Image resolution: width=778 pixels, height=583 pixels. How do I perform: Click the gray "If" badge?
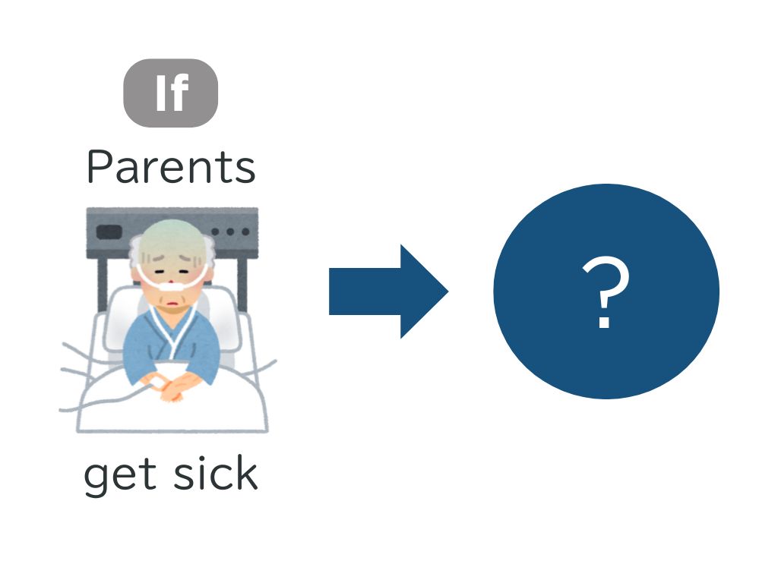tap(171, 93)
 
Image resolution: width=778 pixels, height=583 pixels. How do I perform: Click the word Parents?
tap(171, 167)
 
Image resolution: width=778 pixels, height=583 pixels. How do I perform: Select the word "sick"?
tap(216, 473)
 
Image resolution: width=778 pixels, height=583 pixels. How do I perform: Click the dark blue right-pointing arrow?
tap(388, 291)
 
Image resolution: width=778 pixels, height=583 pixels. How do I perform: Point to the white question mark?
tap(605, 292)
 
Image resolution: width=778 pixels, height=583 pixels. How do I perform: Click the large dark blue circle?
tap(606, 291)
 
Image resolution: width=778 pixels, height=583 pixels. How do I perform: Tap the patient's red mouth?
tap(172, 303)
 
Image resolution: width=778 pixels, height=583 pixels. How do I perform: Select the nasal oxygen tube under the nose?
tap(172, 285)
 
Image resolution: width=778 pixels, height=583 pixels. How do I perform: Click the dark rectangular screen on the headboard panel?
tap(109, 232)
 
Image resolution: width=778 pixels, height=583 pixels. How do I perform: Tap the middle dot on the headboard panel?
tap(230, 232)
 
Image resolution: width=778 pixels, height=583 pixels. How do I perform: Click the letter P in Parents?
tap(98, 167)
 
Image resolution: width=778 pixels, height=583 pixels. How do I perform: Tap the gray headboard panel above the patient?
tap(172, 233)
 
